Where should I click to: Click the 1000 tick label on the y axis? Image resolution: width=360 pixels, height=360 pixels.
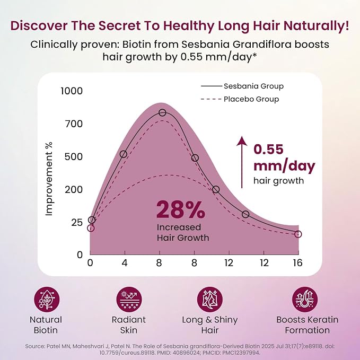coord(72,91)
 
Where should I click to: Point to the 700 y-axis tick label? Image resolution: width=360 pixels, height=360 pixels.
coord(74,124)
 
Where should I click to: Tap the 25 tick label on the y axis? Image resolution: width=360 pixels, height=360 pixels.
coord(77,223)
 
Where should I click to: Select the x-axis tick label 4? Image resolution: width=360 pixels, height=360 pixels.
coord(125,262)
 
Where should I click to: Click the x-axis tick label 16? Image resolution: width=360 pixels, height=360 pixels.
coord(298,262)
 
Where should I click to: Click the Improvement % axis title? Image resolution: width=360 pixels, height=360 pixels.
coord(49,179)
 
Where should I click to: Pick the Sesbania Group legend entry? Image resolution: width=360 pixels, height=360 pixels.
coord(242,86)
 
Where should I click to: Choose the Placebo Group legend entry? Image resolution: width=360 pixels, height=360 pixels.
coord(240,99)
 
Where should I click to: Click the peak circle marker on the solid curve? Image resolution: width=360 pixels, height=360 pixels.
coord(162,112)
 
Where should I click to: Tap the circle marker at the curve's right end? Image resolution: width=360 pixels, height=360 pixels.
coord(298,234)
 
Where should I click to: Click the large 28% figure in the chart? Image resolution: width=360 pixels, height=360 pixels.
coord(180,209)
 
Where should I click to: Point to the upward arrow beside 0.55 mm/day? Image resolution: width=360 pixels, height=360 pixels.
coord(242,162)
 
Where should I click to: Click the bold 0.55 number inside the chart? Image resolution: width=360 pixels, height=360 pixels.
coord(268,149)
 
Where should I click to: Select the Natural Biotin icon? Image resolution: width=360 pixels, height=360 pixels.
coord(47,300)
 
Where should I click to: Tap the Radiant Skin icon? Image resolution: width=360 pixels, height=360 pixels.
coord(129,300)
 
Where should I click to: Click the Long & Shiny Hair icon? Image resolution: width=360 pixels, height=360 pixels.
coord(210,300)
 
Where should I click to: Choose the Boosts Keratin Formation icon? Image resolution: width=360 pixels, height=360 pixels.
coord(305,300)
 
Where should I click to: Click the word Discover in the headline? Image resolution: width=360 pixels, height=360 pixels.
coord(39,25)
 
